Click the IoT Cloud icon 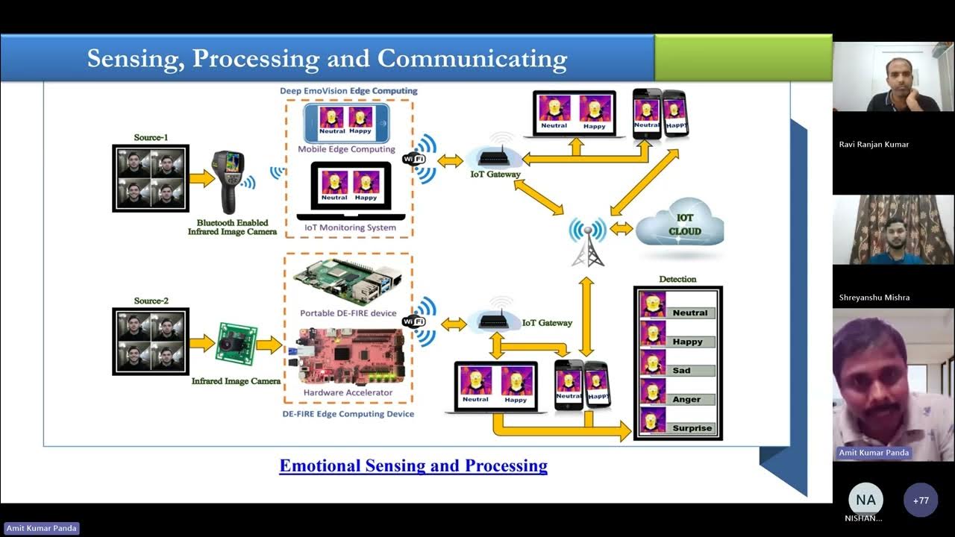point(680,224)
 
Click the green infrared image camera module point(236,344)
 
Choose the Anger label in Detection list point(691,399)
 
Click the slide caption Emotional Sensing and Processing point(413,466)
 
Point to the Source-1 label point(151,137)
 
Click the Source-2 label point(151,301)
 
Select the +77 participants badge point(920,500)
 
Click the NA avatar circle point(865,500)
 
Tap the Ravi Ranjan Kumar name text point(874,145)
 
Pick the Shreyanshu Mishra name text point(874,298)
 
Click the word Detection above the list point(677,279)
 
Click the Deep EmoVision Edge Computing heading point(348,91)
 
